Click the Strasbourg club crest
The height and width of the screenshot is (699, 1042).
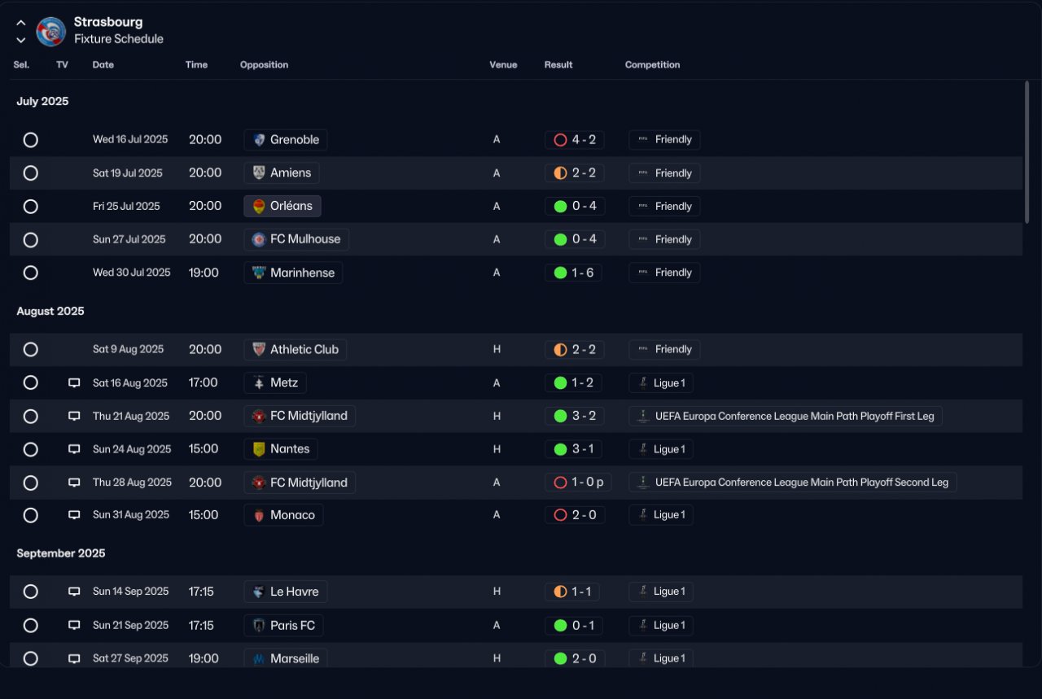(x=51, y=32)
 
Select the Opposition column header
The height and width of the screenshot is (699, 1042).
(x=264, y=64)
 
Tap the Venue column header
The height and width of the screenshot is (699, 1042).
(x=503, y=64)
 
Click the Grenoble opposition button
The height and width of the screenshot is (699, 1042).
(x=285, y=139)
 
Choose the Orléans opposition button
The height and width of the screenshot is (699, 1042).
(x=282, y=206)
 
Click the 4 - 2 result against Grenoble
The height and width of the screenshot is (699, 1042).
(x=575, y=139)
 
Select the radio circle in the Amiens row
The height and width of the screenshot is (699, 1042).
(x=31, y=173)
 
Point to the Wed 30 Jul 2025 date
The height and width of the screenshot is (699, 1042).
(x=132, y=273)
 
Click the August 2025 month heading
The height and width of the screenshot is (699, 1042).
(x=50, y=311)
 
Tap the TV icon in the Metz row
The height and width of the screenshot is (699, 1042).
(x=74, y=382)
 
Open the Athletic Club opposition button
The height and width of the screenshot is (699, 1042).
(x=295, y=349)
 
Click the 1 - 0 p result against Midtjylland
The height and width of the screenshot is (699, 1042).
(x=578, y=483)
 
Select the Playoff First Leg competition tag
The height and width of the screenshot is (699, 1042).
(x=786, y=417)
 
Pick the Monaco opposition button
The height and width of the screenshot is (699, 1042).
(x=283, y=515)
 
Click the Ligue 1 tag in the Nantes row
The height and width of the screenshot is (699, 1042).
(x=660, y=449)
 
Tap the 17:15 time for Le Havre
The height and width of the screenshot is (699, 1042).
(x=201, y=592)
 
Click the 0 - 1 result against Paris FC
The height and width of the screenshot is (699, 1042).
(x=574, y=626)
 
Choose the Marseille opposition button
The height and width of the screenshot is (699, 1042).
(x=285, y=658)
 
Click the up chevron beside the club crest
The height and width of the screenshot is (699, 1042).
(x=21, y=23)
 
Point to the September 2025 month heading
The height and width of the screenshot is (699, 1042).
(x=61, y=553)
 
